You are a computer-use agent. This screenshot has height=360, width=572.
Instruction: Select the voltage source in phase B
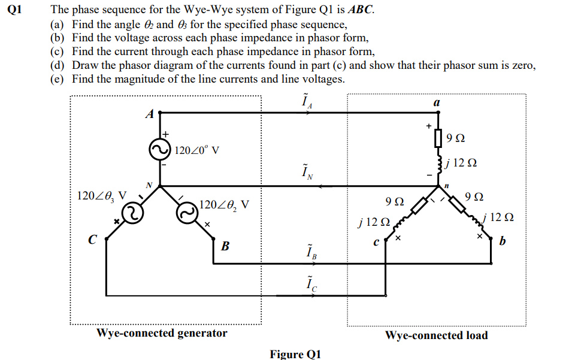tap(187, 211)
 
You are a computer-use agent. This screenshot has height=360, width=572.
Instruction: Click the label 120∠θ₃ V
tap(102, 195)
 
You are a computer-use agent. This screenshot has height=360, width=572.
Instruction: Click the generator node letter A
tap(150, 113)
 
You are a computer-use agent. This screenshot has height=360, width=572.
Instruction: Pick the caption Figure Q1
tap(295, 353)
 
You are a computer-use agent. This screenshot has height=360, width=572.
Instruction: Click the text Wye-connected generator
tap(162, 333)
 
